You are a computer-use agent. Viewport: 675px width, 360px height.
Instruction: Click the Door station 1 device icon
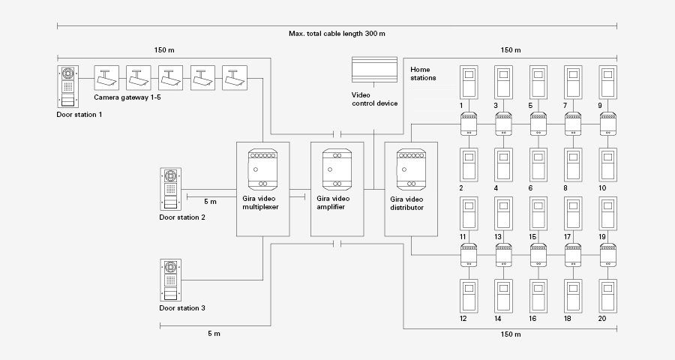pyautogui.click(x=68, y=86)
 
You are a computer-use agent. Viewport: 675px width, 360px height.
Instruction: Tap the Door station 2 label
pyautogui.click(x=182, y=217)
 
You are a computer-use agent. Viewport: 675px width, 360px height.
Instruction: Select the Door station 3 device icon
pyautogui.click(x=170, y=280)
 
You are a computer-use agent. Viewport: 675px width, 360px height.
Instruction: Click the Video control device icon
pyautogui.click(x=374, y=69)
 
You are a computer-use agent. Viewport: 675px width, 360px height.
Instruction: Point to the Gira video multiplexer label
pyautogui.click(x=260, y=202)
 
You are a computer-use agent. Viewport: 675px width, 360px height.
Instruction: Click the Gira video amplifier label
pyautogui.click(x=333, y=202)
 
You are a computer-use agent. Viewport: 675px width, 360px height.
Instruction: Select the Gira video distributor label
pyautogui.click(x=406, y=203)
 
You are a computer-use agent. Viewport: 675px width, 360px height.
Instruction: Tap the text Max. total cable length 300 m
pyautogui.click(x=337, y=34)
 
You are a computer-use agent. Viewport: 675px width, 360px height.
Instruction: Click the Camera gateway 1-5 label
pyautogui.click(x=127, y=97)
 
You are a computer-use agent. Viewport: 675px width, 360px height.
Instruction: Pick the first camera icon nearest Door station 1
pyautogui.click(x=106, y=78)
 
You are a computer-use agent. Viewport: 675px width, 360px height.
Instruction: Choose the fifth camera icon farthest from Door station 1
pyautogui.click(x=235, y=78)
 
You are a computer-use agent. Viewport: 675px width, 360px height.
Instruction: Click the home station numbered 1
pyautogui.click(x=469, y=82)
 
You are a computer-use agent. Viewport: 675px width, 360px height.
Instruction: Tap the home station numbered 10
pyautogui.click(x=607, y=165)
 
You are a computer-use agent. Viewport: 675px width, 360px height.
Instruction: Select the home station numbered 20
pyautogui.click(x=607, y=295)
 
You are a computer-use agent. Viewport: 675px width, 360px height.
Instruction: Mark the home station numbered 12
pyautogui.click(x=469, y=295)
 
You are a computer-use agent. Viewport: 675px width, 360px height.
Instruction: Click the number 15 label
pyautogui.click(x=532, y=237)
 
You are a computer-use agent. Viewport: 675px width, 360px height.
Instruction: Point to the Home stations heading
pyautogui.click(x=423, y=73)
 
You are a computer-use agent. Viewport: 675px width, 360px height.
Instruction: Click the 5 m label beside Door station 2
pyautogui.click(x=210, y=202)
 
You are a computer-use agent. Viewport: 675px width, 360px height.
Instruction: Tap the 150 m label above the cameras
pyautogui.click(x=164, y=50)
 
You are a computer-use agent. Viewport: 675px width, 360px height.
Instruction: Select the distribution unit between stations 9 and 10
pyautogui.click(x=607, y=124)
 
